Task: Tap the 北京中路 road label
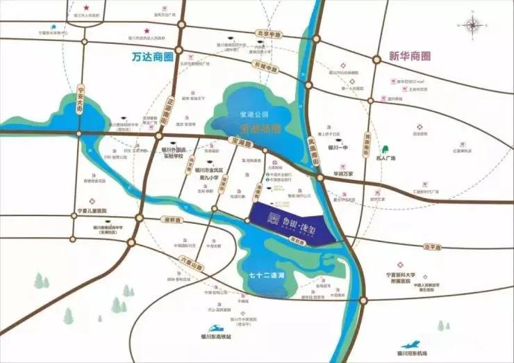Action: [268, 33]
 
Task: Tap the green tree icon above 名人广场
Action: [383, 148]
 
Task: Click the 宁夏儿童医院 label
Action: [93, 211]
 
